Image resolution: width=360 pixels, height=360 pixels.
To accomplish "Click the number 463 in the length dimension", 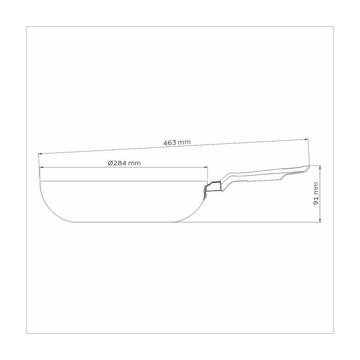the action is tap(170, 143).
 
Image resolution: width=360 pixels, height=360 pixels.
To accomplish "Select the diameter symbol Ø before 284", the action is tap(110, 163).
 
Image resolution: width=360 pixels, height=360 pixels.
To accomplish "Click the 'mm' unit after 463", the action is tap(184, 142).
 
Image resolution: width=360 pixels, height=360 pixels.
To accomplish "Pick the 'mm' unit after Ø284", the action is tap(134, 163).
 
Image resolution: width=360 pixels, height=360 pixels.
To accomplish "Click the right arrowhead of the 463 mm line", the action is tap(306, 139).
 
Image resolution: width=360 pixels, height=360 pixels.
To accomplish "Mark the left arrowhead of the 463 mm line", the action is tap(40, 154).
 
